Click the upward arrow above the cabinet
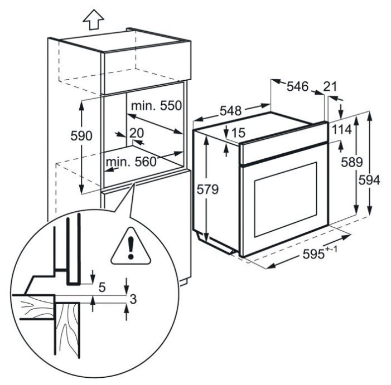point(94,20)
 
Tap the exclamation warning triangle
point(131,246)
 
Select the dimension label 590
point(81,136)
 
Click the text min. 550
point(156,106)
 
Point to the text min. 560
point(131,162)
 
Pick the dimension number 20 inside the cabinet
point(137,133)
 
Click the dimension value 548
point(231,111)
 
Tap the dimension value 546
point(297,86)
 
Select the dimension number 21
point(330,86)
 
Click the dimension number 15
point(238,133)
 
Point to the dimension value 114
point(342,129)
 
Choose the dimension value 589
point(352,162)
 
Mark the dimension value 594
point(369,180)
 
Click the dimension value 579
point(207,189)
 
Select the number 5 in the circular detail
point(102,287)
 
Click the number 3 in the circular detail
point(133,299)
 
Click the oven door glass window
point(286,199)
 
